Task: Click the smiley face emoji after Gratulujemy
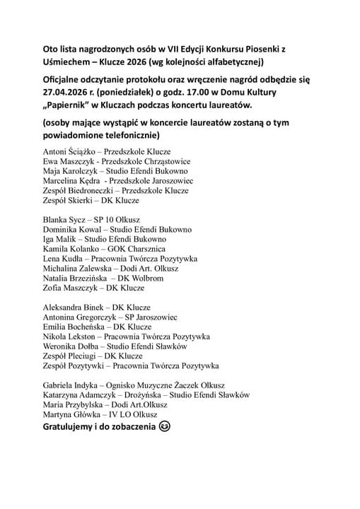(x=166, y=427)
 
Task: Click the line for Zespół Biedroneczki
(x=79, y=191)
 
